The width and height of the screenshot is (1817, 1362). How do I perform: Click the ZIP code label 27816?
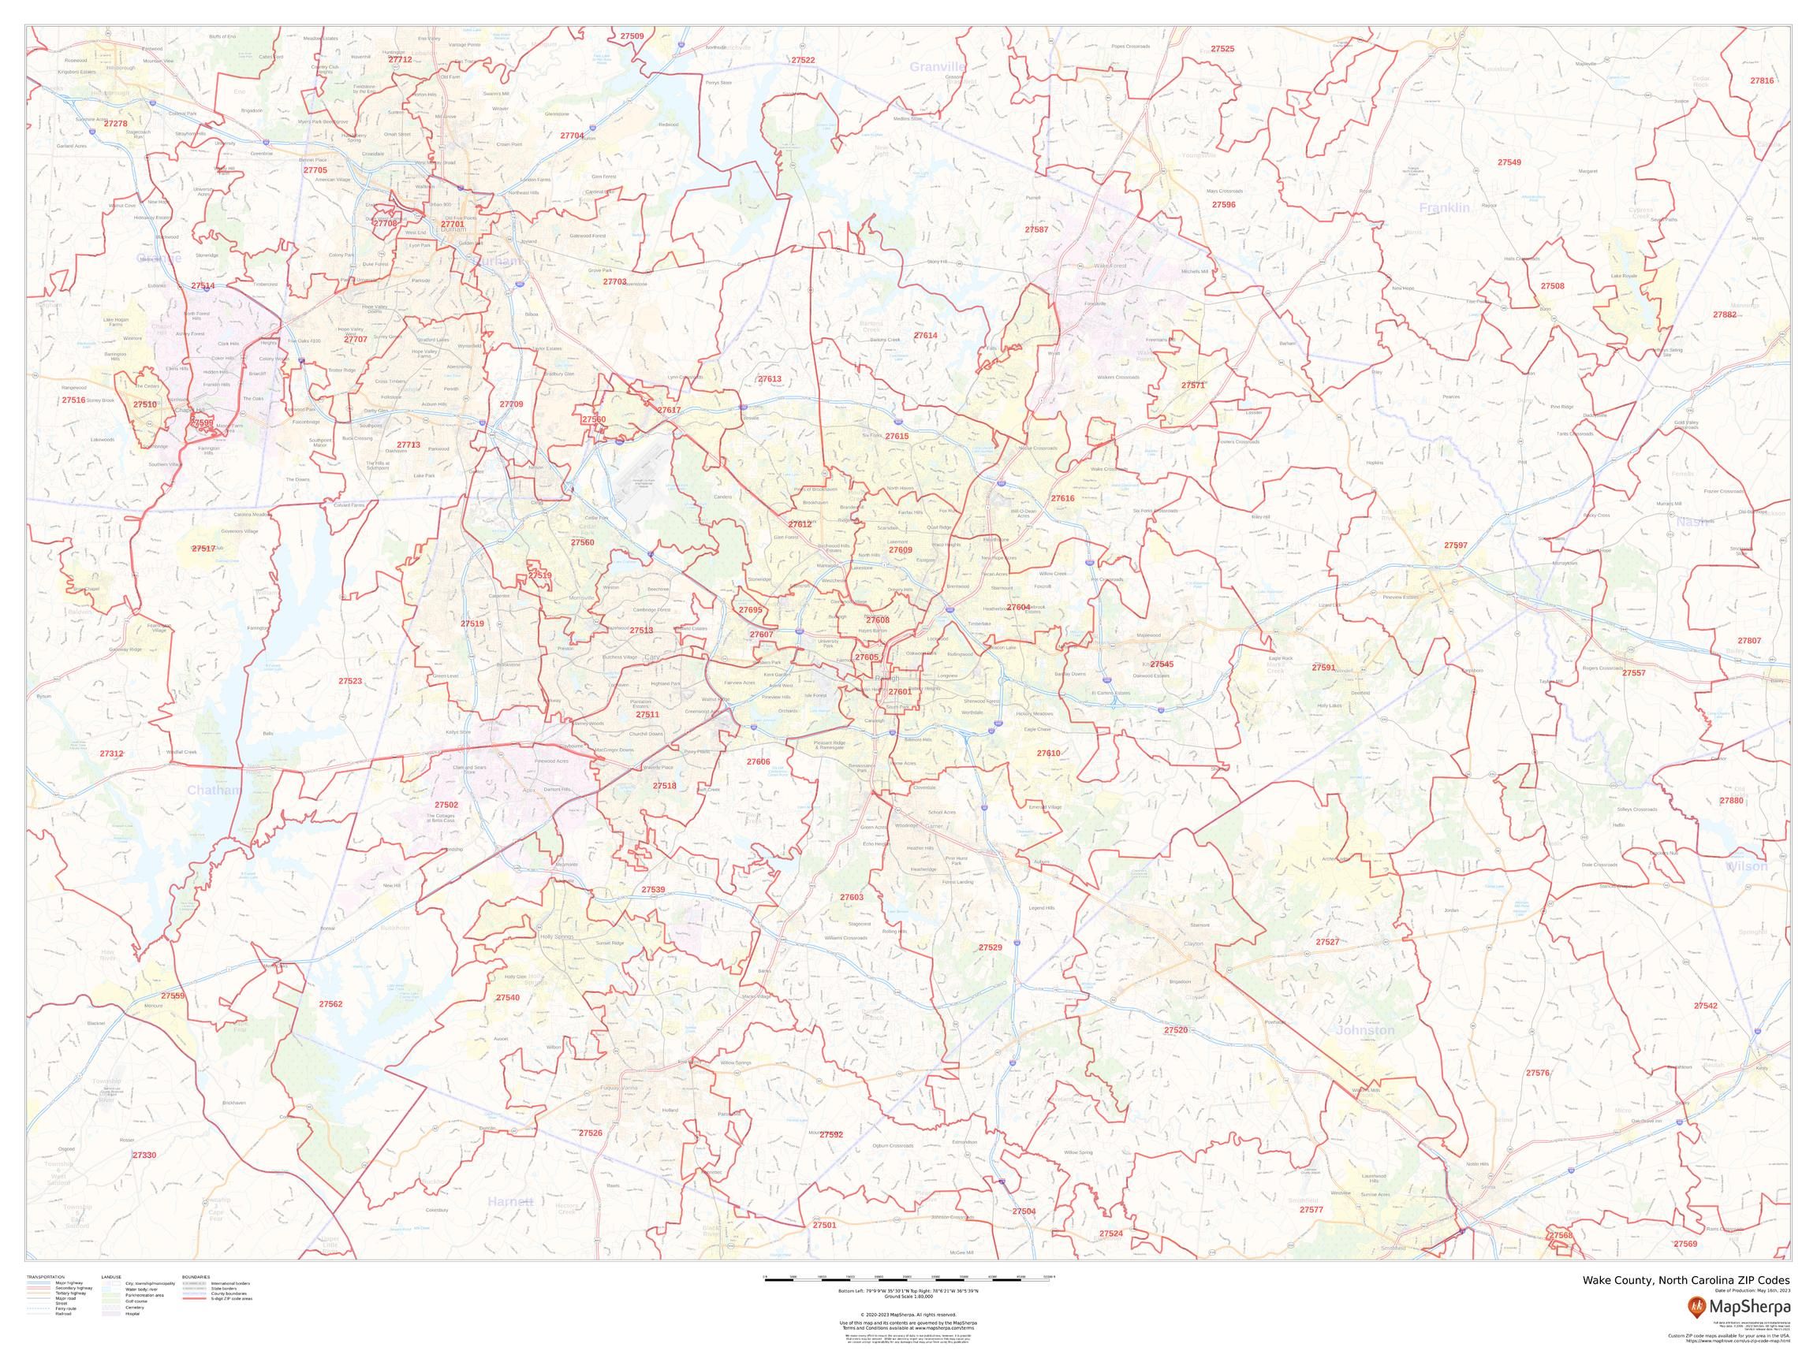[1761, 80]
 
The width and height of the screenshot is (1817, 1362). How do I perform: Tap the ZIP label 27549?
[1509, 162]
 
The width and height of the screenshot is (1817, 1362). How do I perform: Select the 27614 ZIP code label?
[925, 336]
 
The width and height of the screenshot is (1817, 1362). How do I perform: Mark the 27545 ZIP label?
[1162, 664]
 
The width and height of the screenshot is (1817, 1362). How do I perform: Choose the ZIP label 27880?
[1731, 801]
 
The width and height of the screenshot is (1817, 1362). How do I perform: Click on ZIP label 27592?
[830, 1133]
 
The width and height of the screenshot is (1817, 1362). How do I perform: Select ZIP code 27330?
[144, 1155]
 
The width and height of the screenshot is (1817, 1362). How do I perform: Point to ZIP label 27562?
[330, 1004]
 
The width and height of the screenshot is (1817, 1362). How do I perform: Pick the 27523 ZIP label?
[350, 680]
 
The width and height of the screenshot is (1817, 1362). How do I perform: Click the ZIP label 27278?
[115, 123]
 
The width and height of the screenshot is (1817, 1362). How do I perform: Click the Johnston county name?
[1365, 1030]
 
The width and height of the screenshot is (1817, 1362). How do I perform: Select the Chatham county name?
[214, 791]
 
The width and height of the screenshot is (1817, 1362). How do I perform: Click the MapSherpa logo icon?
[1696, 1306]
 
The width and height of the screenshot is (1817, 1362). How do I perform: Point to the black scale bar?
[908, 1281]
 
